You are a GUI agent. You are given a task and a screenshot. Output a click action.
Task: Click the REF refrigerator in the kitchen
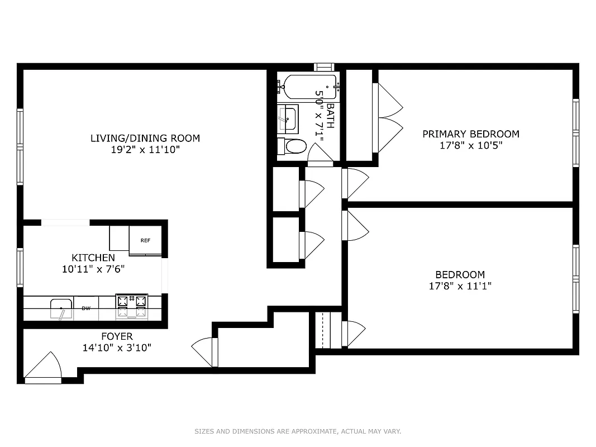coord(145,240)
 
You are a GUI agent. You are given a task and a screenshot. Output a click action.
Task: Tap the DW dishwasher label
coord(86,308)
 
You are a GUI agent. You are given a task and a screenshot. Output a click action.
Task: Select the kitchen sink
coord(61,308)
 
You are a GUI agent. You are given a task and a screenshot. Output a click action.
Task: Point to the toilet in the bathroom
coord(293,147)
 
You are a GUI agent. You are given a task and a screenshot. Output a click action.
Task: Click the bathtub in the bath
coord(309,86)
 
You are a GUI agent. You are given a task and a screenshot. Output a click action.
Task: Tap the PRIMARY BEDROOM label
coord(470,134)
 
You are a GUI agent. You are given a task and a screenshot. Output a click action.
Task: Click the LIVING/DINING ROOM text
coord(145,138)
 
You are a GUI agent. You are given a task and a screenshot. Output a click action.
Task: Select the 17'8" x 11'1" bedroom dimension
coord(460,286)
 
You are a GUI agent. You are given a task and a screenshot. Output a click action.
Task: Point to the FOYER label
coord(117,336)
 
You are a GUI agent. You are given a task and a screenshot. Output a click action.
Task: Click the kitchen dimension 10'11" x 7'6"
coord(93,269)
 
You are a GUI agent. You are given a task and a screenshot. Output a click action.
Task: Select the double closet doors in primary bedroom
coord(389,118)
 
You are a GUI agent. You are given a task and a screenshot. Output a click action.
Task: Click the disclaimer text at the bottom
coord(298,431)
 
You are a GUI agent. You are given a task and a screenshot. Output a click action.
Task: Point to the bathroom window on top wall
coord(324,66)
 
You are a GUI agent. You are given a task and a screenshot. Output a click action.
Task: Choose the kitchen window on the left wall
coord(20,267)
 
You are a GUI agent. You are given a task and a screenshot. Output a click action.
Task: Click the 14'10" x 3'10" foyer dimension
coord(117,348)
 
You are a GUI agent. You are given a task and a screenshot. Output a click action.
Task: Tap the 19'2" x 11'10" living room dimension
coord(145,150)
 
